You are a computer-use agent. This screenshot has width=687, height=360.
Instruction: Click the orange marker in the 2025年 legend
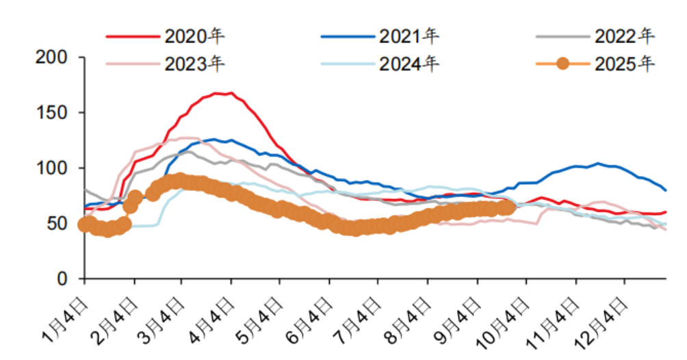click(563, 64)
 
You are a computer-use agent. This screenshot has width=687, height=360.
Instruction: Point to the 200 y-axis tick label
click(53, 57)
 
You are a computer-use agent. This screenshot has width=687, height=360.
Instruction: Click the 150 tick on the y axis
click(53, 112)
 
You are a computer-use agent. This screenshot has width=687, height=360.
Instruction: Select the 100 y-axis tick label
click(53, 168)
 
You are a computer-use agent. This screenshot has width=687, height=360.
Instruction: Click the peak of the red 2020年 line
click(230, 92)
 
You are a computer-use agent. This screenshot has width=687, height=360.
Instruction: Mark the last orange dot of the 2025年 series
click(507, 207)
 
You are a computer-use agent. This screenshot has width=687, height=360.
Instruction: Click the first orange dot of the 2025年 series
click(85, 224)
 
